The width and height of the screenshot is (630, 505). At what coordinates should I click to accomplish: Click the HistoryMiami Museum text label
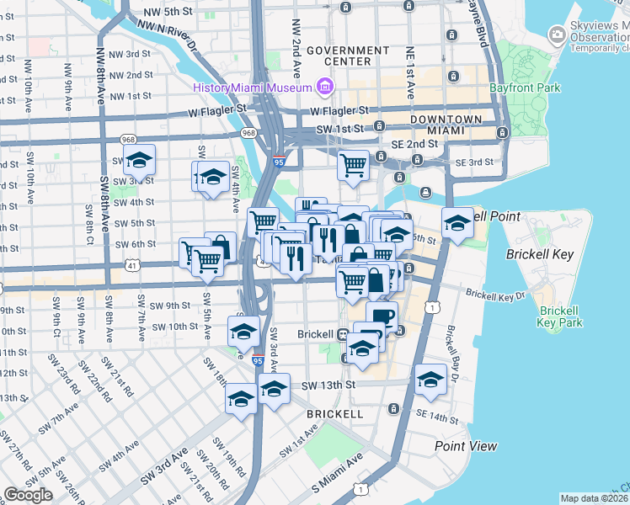tap(251, 88)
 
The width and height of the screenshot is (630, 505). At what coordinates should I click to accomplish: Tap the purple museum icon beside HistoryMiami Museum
tap(324, 87)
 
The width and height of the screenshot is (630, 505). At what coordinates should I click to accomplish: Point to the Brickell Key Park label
tap(560, 316)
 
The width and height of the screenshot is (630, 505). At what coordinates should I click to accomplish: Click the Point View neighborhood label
tap(466, 446)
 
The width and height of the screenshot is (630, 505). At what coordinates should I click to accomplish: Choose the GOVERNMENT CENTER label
tap(350, 56)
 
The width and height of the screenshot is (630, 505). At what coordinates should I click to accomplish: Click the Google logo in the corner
tap(28, 495)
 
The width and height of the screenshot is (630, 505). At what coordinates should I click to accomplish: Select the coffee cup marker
tap(382, 316)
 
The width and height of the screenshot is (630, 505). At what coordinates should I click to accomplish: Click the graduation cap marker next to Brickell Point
tap(457, 222)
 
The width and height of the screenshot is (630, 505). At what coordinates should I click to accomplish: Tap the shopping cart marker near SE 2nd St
tap(354, 163)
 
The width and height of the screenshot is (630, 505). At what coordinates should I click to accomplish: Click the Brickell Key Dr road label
tap(495, 296)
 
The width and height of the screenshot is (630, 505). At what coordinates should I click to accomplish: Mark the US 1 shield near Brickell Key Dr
tap(430, 308)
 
